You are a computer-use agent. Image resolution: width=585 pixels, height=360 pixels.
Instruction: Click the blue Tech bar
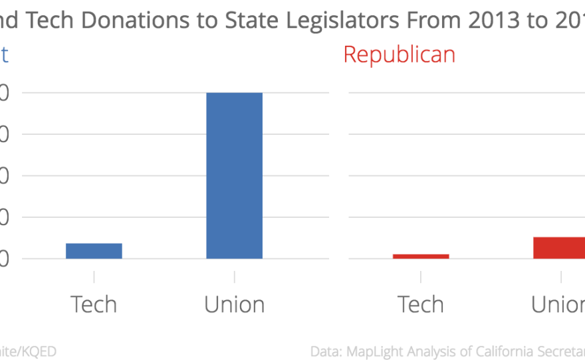pyautogui.click(x=94, y=250)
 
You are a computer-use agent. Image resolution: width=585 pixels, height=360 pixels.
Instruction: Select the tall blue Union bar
pyautogui.click(x=234, y=175)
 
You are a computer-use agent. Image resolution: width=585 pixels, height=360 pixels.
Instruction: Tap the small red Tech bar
pyautogui.click(x=420, y=256)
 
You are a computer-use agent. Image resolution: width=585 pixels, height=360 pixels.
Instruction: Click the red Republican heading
pyautogui.click(x=399, y=54)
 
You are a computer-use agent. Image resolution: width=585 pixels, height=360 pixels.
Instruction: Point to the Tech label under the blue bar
pyautogui.click(x=94, y=304)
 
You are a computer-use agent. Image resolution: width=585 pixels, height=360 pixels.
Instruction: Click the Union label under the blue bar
pyautogui.click(x=234, y=304)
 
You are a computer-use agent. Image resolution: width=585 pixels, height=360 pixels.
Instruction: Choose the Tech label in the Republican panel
pyautogui.click(x=420, y=304)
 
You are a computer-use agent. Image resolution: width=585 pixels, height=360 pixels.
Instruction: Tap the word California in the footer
pyautogui.click(x=519, y=351)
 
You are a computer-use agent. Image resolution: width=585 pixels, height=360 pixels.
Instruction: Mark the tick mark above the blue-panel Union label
pyautogui.click(x=234, y=276)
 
